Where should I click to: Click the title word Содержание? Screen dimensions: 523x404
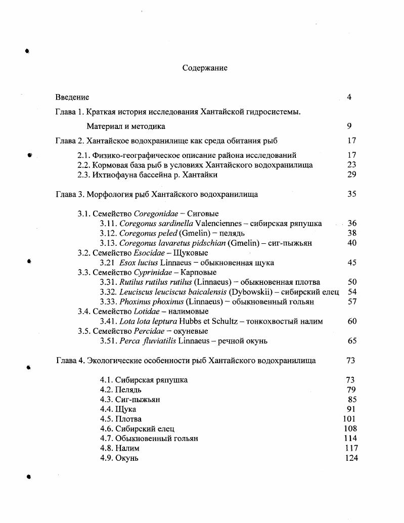[x=205, y=68]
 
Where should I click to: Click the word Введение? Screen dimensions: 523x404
[x=72, y=97]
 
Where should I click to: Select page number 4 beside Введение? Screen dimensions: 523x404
[x=349, y=97]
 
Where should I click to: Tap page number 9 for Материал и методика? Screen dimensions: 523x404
[x=349, y=126]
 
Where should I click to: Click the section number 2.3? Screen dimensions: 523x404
[x=84, y=175]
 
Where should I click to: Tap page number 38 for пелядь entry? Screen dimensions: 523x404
[x=352, y=233]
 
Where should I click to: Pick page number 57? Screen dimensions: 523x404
[x=352, y=301]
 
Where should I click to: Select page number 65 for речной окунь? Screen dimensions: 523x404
[x=352, y=341]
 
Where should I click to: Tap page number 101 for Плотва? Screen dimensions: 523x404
[x=349, y=419]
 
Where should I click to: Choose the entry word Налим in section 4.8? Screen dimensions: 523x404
[x=127, y=448]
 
